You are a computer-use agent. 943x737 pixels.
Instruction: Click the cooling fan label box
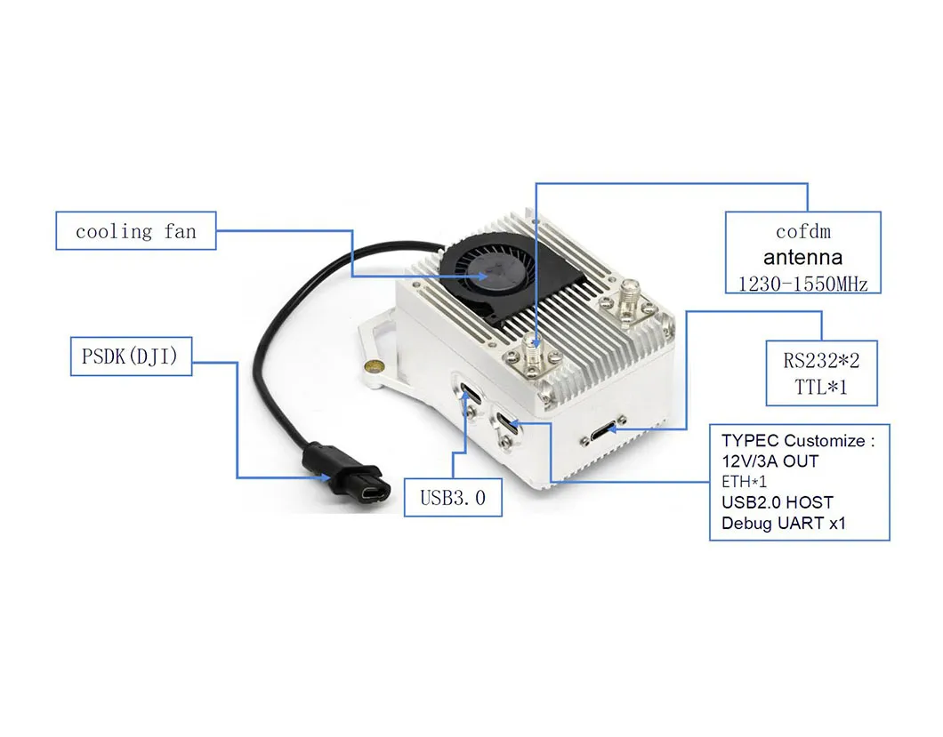135,231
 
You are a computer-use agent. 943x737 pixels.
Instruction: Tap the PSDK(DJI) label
131,357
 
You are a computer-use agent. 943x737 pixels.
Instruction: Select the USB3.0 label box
453,497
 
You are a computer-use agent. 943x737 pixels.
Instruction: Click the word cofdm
802,232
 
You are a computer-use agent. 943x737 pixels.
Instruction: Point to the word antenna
802,258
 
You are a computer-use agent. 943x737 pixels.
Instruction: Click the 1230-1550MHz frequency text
802,284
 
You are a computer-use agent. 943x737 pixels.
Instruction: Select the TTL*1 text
821,387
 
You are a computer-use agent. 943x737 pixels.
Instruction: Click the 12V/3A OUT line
770,461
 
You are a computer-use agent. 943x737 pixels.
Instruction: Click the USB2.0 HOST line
777,502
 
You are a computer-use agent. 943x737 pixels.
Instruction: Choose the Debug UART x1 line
783,523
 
